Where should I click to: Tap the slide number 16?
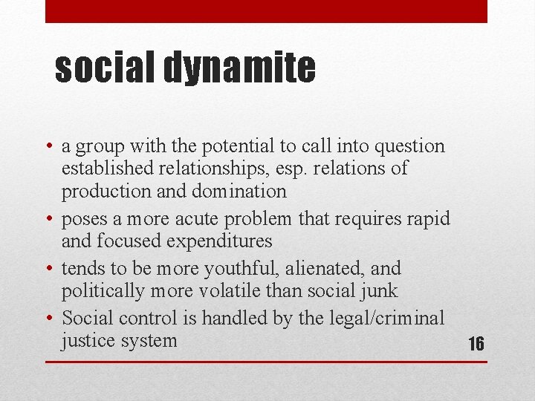476,344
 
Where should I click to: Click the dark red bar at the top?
266,11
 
